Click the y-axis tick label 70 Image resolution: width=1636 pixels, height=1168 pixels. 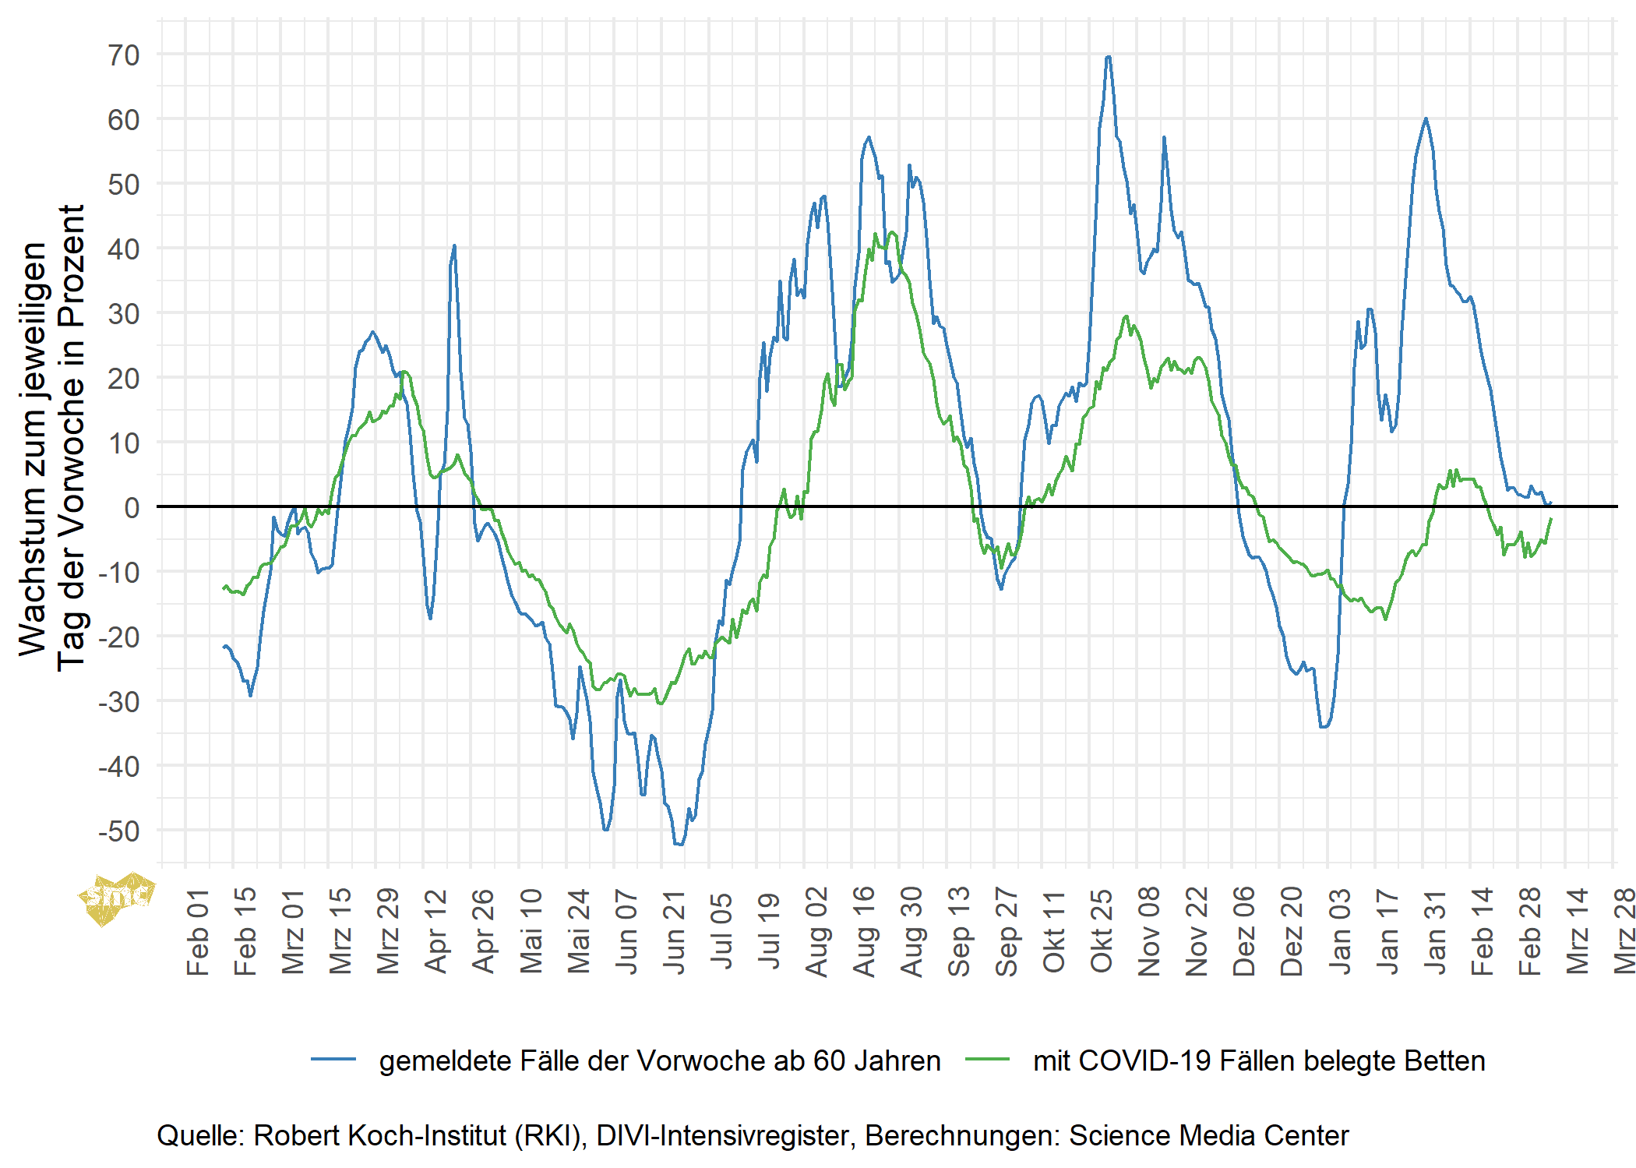pos(124,55)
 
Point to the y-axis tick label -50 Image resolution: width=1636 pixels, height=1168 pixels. pos(118,831)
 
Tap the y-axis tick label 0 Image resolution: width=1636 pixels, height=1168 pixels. pos(132,508)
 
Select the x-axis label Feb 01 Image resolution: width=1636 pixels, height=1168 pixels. pos(198,932)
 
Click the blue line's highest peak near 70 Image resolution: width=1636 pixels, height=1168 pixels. pos(1108,57)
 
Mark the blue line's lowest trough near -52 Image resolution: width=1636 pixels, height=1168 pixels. pos(679,844)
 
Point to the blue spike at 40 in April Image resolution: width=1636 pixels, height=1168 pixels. pos(454,246)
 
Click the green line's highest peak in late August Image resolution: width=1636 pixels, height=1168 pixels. pos(892,232)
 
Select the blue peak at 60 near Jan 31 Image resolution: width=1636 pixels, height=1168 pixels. pos(1426,119)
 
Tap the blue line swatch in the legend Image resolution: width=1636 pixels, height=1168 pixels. pos(333,1060)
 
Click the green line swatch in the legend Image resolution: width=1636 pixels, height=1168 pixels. pos(987,1060)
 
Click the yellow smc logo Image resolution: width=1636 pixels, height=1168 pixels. pos(117,898)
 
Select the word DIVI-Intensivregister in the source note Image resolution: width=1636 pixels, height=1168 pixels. pos(721,1136)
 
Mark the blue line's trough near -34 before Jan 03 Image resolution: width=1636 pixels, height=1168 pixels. pos(1324,727)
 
